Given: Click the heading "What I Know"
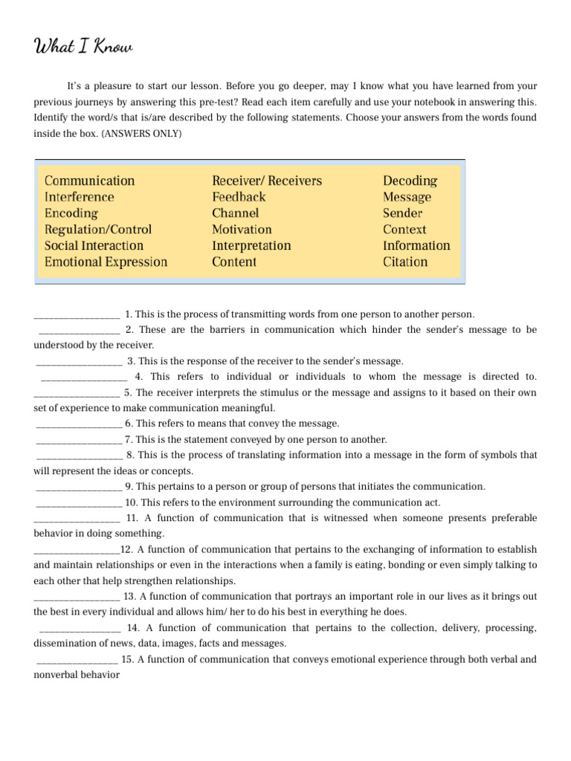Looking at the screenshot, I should point(83,48).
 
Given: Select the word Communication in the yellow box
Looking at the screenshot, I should point(89,181).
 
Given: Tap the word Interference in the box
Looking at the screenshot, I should point(79,197).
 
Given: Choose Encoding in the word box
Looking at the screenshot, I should point(71,213).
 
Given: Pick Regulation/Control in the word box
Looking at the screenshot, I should point(97,230).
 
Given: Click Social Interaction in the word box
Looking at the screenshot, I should point(94,245).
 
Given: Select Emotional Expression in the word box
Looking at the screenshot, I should point(106,262).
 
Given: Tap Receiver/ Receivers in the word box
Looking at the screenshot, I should point(267,181).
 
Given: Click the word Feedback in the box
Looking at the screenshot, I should point(238,197).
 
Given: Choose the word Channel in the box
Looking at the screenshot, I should point(235,213).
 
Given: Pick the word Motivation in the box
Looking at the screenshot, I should point(242,230).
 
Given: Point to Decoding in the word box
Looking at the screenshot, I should point(410,181).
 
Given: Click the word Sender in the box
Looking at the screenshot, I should point(402,213).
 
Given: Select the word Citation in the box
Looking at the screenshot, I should point(405,262).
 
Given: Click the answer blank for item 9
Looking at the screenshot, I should point(78,488).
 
